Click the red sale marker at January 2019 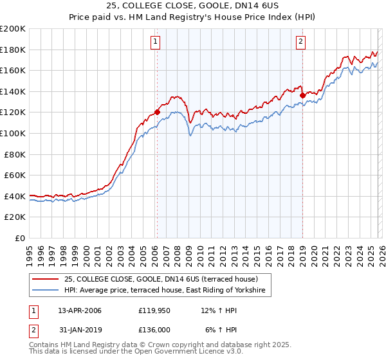(x=302, y=96)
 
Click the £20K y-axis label (x=15, y=217)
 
